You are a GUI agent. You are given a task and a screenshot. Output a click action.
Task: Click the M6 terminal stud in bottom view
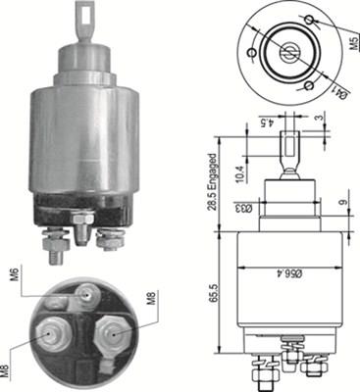(89, 293)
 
